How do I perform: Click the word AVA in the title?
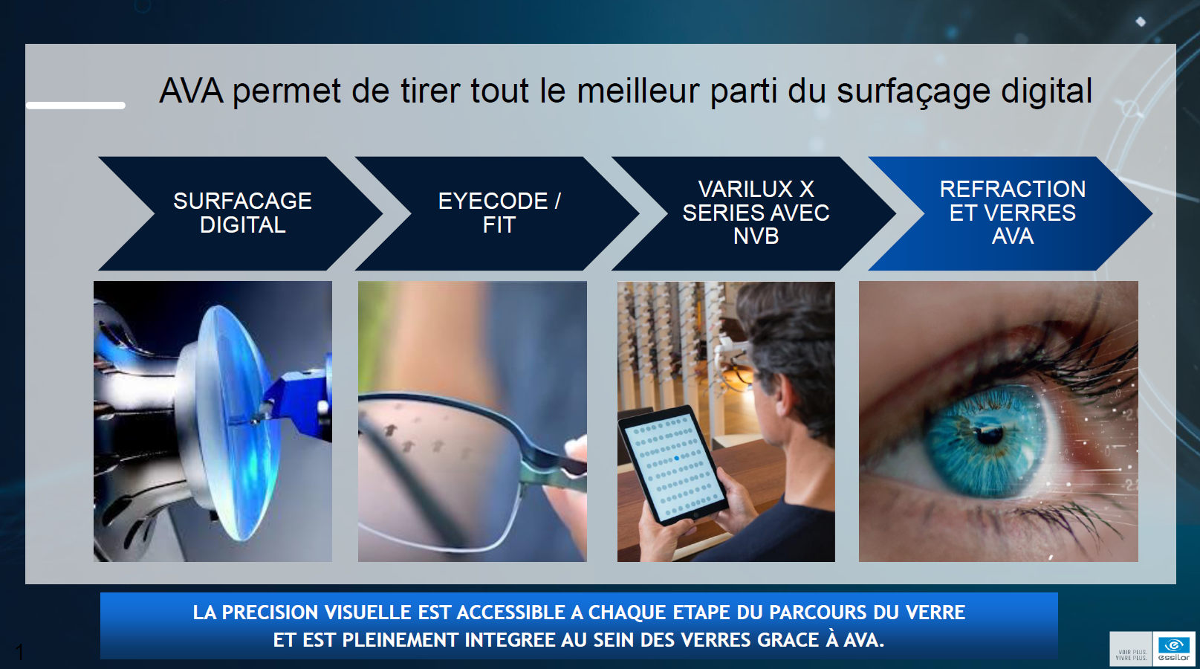[x=191, y=91]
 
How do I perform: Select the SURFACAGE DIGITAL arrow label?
[x=243, y=213]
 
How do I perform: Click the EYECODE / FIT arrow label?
[x=499, y=213]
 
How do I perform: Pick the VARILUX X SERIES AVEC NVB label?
[x=756, y=213]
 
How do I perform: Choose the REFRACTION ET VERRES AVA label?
[x=1013, y=213]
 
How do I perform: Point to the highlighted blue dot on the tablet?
[x=677, y=458]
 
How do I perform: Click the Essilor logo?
[x=1173, y=649]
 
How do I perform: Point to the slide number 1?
[x=20, y=653]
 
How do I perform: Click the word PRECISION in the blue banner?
[x=270, y=613]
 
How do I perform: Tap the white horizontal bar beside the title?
[x=76, y=106]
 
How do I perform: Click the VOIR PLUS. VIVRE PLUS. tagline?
[x=1131, y=655]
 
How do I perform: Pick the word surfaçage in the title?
[x=913, y=91]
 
